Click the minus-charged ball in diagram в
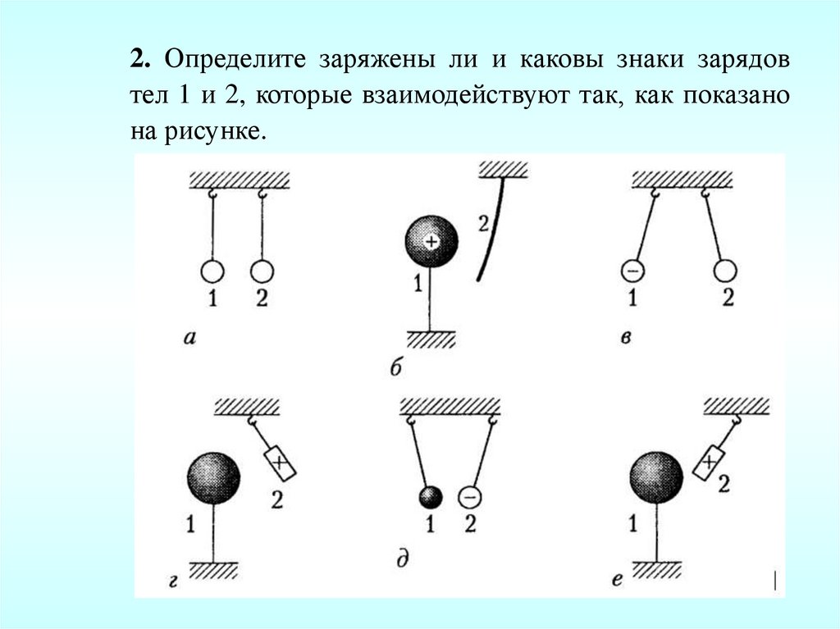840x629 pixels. pyautogui.click(x=632, y=270)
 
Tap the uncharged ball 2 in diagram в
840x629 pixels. pyautogui.click(x=725, y=271)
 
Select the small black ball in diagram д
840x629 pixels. pyautogui.click(x=430, y=497)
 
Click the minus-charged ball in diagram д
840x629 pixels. pyautogui.click(x=468, y=497)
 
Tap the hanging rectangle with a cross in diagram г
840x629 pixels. pyautogui.click(x=280, y=463)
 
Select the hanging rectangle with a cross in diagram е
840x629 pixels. pyautogui.click(x=710, y=463)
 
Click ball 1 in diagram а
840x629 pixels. pyautogui.click(x=212, y=271)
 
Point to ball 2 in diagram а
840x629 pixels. pyautogui.click(x=261, y=271)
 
